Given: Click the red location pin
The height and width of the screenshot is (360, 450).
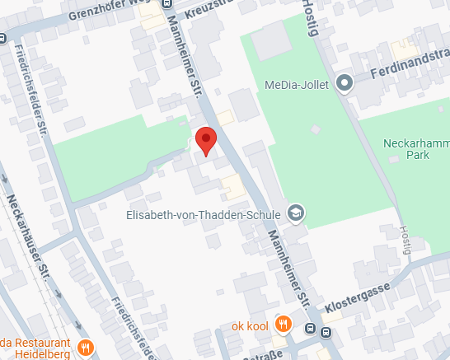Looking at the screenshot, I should [x=205, y=141].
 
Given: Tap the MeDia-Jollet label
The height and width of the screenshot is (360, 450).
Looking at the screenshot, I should [x=296, y=85].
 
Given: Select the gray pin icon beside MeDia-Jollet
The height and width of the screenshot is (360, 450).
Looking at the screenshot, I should [x=345, y=82].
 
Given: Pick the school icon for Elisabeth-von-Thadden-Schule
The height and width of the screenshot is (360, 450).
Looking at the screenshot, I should [x=295, y=214].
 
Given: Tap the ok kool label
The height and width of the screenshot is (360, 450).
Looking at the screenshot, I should [x=251, y=324].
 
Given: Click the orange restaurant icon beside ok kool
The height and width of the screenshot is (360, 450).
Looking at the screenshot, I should [x=283, y=324].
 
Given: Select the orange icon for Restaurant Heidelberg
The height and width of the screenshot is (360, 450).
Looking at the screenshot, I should [x=85, y=347].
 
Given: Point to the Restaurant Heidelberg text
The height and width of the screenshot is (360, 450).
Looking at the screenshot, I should [x=37, y=346].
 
